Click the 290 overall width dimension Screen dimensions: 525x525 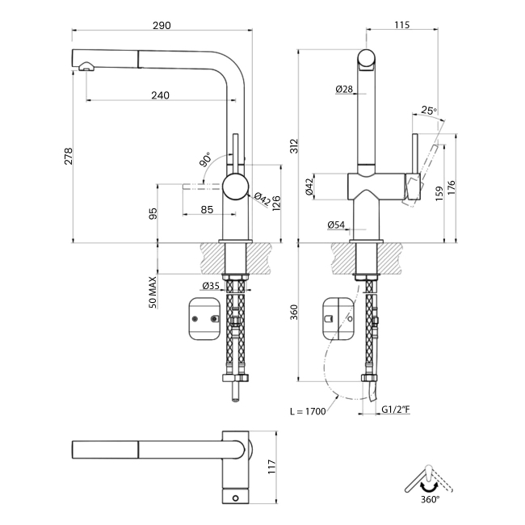(x=161, y=25)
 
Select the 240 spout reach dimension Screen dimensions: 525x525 (x=160, y=94)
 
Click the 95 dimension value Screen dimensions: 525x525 (x=153, y=214)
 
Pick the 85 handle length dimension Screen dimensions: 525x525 (x=206, y=210)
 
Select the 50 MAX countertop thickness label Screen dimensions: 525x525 (x=152, y=292)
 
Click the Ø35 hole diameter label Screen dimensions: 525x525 (x=211, y=285)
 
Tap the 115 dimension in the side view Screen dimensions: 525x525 (x=401, y=25)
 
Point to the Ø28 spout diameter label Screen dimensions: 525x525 (x=343, y=89)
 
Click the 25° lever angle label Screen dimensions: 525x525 (x=428, y=111)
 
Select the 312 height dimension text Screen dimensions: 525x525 (x=295, y=145)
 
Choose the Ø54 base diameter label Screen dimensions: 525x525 (x=337, y=225)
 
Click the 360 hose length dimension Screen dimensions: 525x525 (x=295, y=311)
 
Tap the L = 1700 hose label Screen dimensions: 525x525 (x=307, y=411)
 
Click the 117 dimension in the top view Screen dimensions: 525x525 (x=272, y=466)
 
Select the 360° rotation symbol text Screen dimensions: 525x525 (x=430, y=500)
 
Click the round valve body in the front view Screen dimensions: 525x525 (x=237, y=187)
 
